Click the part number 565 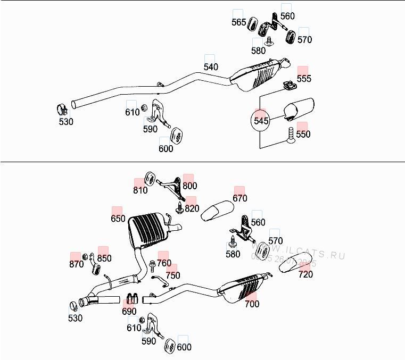click(x=239, y=22)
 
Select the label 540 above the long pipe click(x=211, y=67)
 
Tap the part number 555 click(x=304, y=79)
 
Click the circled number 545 click(x=261, y=121)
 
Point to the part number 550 click(x=303, y=135)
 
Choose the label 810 click(x=140, y=190)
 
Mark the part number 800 click(x=189, y=186)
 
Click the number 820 click(x=192, y=208)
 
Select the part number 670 click(x=240, y=198)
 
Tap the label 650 click(x=118, y=219)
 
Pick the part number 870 click(x=76, y=264)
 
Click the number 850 click(x=104, y=258)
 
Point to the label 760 click(x=164, y=263)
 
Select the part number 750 click(x=172, y=275)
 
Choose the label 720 click(x=305, y=274)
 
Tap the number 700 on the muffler click(x=252, y=304)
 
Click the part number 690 click(x=129, y=312)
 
